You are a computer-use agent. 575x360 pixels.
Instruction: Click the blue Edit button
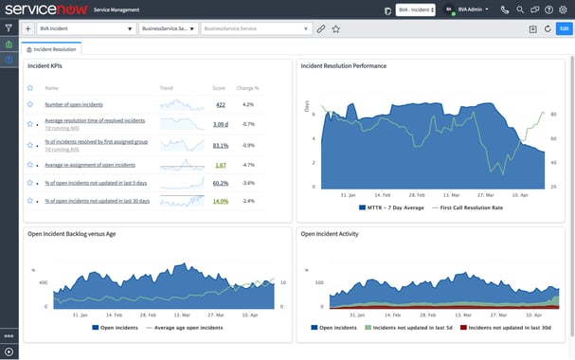(x=563, y=28)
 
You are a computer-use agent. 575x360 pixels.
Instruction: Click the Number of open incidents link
(x=74, y=104)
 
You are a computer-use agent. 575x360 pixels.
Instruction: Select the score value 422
(x=220, y=104)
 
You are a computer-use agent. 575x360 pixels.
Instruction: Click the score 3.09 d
(x=220, y=124)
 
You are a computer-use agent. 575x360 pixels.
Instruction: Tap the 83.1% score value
(x=220, y=145)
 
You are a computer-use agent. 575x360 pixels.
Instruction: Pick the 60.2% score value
(x=220, y=183)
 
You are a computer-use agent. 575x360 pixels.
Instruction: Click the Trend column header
(x=166, y=87)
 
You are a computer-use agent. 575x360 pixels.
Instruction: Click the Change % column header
(x=248, y=87)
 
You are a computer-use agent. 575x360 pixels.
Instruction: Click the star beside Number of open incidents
(x=30, y=104)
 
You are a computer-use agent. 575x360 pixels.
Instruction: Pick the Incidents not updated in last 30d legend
(x=509, y=327)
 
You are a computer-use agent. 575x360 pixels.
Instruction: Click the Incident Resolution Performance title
(x=343, y=66)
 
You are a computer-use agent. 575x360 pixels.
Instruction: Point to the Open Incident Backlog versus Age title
(x=72, y=233)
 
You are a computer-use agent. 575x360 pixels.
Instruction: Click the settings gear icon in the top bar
(x=563, y=9)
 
